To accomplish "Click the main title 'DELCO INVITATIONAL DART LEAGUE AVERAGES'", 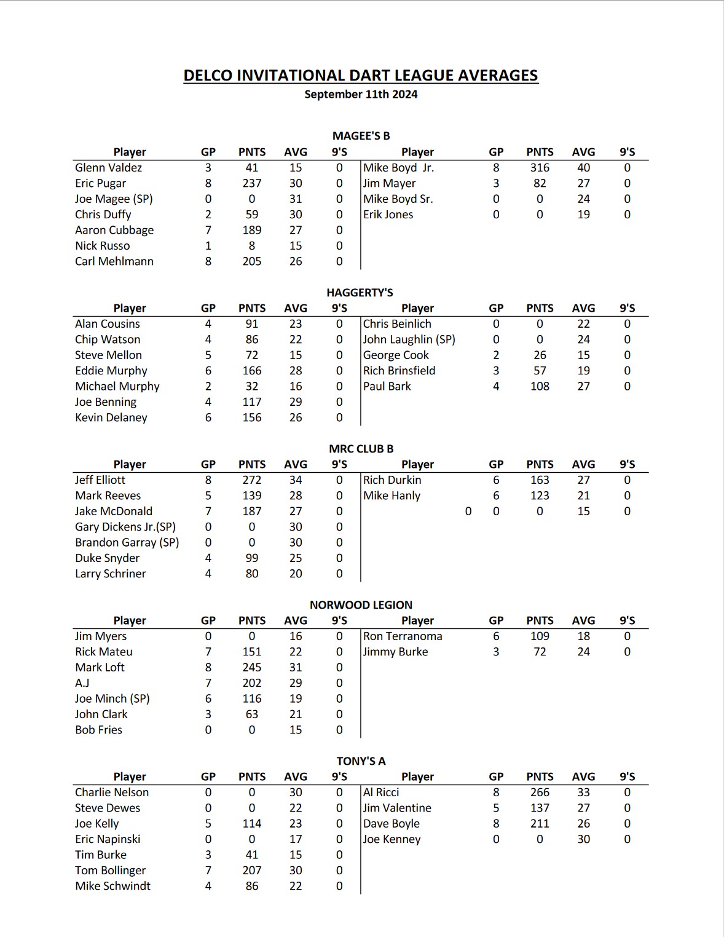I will tap(361, 76).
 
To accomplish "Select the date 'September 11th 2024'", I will tap(361, 95).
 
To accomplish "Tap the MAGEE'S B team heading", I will tap(361, 136).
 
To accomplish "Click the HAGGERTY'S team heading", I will tap(360, 293).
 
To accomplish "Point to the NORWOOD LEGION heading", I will tap(361, 605).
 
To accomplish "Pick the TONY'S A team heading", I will tap(361, 761).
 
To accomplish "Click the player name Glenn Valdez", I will tap(108, 168).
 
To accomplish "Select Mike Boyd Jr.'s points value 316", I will tap(540, 168).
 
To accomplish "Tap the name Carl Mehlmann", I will tap(114, 261).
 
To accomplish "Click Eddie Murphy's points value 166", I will tap(251, 371).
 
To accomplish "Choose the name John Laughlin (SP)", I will tap(409, 339).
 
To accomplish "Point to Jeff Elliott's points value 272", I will tap(251, 480).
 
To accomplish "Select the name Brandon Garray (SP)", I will tap(127, 542).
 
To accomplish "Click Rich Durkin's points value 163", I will tap(540, 480).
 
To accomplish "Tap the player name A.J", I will tap(82, 683).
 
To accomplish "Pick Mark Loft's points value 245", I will tap(251, 668).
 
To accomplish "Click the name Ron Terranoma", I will tap(403, 636).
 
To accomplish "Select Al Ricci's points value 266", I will tap(540, 793).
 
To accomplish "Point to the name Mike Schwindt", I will tap(112, 886).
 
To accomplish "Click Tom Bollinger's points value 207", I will tap(251, 871).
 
